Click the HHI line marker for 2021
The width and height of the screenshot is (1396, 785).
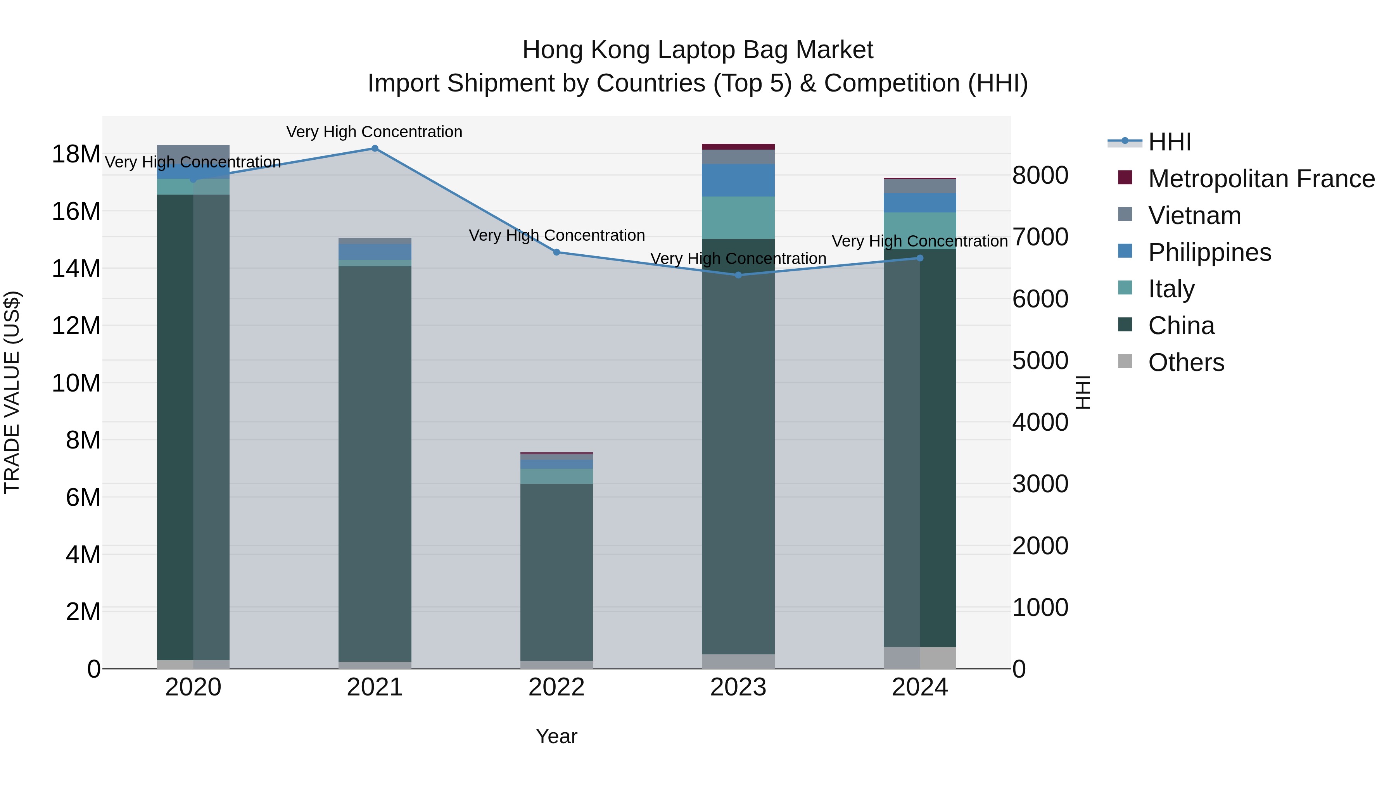(x=375, y=148)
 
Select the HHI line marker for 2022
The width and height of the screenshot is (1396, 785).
(x=556, y=252)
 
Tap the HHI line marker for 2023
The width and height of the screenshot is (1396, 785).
(x=738, y=275)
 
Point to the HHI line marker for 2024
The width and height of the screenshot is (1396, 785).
(x=920, y=259)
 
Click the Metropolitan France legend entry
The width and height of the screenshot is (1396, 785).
(x=1261, y=179)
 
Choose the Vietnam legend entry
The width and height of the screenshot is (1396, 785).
(x=1194, y=216)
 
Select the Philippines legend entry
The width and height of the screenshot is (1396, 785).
(x=1209, y=252)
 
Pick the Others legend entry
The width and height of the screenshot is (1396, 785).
(x=1186, y=362)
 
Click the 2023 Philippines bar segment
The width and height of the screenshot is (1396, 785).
(x=738, y=180)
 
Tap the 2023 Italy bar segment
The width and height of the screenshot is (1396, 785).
(x=738, y=218)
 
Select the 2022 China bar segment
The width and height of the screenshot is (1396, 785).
(x=556, y=571)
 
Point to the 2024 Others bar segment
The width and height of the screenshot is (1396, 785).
(x=920, y=658)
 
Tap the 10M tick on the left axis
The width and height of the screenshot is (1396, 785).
(x=76, y=383)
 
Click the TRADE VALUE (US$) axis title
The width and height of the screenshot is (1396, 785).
(x=12, y=392)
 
